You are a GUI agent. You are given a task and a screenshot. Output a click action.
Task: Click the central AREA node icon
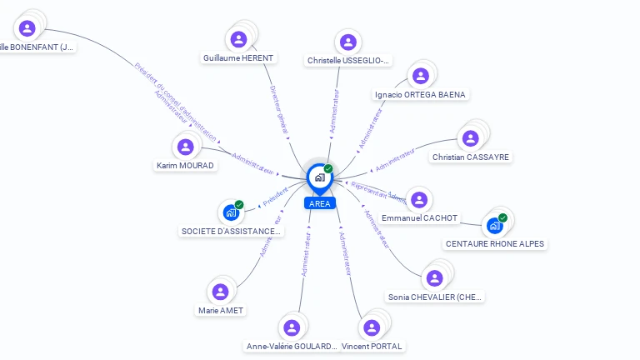pos(319,177)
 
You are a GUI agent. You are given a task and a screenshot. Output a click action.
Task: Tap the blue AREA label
pos(319,203)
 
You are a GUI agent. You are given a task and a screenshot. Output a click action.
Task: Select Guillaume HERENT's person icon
pos(238,39)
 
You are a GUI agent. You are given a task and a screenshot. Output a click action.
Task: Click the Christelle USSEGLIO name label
pos(347,61)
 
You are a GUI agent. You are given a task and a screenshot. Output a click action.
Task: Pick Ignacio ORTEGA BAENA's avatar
pos(421,76)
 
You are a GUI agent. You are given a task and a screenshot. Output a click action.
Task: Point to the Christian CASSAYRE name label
pos(471,157)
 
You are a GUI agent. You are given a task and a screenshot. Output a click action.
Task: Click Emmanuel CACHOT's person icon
pos(419,200)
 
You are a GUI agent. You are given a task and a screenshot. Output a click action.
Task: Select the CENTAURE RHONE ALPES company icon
pos(495,225)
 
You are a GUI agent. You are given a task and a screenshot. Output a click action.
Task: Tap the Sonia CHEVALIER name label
pos(435,297)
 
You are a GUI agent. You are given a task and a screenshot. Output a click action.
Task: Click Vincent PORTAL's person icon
pos(372,327)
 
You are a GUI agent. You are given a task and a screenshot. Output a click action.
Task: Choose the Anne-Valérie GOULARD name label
pos(292,346)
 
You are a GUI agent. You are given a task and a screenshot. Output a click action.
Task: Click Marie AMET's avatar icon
pos(220,292)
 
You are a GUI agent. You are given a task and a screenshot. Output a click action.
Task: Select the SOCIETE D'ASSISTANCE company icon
pos(232,212)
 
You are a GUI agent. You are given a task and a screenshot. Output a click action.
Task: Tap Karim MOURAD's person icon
pos(186,147)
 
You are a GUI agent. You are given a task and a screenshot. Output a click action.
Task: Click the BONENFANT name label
pos(37,47)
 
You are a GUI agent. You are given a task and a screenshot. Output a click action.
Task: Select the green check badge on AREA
pos(328,169)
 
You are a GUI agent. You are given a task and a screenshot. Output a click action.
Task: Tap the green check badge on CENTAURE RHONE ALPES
pos(502,218)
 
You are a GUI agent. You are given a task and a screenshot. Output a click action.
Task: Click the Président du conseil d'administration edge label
pos(174,102)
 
